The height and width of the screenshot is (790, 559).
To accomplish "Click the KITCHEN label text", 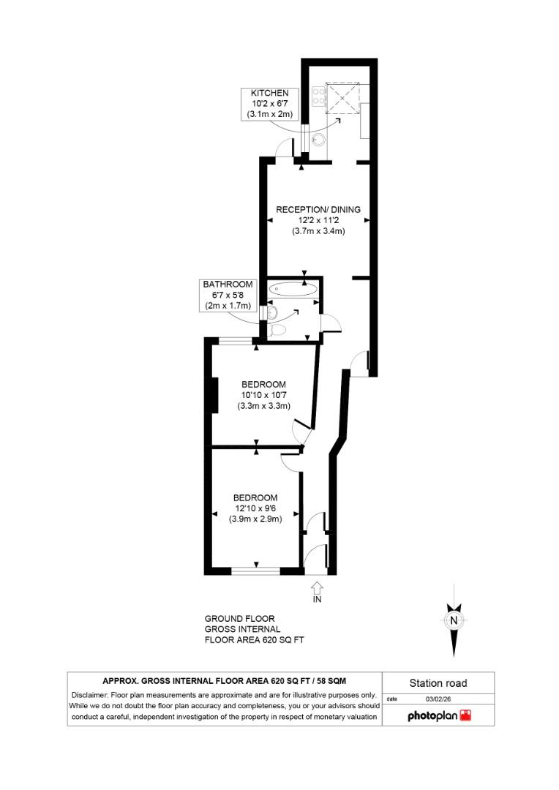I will (269, 94).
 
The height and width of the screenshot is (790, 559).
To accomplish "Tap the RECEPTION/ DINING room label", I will (318, 210).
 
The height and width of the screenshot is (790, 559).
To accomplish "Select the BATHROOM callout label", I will (228, 285).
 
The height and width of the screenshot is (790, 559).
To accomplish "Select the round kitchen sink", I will (318, 139).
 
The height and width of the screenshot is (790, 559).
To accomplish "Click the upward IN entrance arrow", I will (317, 587).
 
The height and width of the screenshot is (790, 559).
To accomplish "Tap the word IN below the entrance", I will (317, 599).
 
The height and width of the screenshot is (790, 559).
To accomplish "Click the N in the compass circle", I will (454, 621).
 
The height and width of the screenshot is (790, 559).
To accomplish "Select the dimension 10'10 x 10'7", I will (263, 396).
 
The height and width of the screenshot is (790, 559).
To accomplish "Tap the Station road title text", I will (438, 684).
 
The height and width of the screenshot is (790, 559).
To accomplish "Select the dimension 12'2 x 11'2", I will (318, 220).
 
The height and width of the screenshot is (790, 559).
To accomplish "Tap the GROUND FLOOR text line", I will (239, 619).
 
